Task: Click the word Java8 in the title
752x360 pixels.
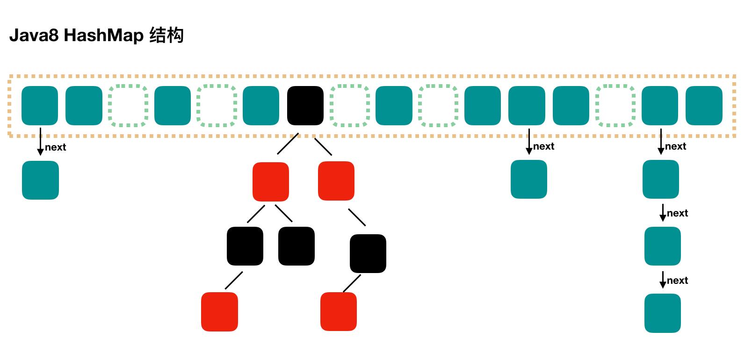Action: point(34,36)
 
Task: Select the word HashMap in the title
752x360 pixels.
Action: point(103,36)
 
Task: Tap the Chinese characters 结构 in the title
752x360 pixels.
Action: point(166,36)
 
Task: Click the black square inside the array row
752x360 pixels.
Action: point(305,106)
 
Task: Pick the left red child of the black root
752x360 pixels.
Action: point(270,182)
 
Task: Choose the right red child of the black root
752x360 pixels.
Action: point(336,181)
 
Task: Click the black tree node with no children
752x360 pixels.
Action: point(296,246)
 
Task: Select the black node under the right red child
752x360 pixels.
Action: point(368,253)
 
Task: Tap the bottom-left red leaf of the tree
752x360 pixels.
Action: point(219,312)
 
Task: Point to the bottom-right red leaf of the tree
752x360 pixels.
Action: point(339,311)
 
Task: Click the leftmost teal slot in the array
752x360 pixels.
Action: point(40,106)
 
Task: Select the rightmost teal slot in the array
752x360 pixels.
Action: point(704,106)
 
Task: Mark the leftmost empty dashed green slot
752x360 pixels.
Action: point(128,106)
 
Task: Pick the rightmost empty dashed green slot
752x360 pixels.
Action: point(615,106)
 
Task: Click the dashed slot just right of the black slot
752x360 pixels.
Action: point(350,106)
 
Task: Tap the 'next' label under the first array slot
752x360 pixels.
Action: point(56,147)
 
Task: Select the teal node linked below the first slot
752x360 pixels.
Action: point(40,180)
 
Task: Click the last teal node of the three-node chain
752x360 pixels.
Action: point(662,313)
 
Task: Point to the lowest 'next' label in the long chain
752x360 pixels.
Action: point(677,281)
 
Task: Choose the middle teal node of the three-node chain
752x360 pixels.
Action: point(662,246)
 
